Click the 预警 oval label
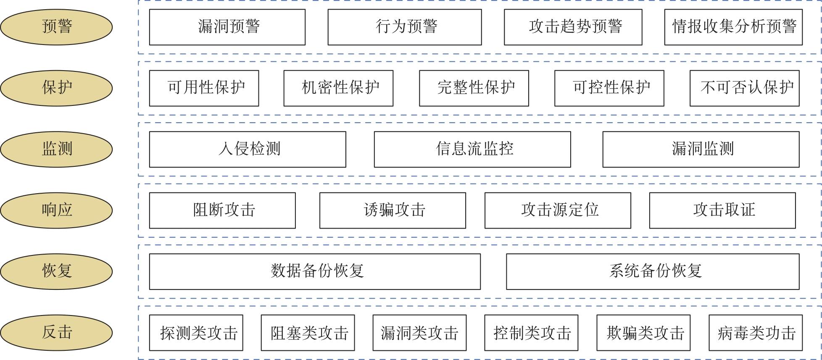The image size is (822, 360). tap(56, 27)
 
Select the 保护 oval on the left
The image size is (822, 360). tap(56, 88)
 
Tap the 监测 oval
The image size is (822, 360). tap(56, 149)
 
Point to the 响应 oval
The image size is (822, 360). tap(56, 210)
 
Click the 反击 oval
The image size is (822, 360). tap(56, 332)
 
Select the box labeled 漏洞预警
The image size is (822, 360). tap(227, 27)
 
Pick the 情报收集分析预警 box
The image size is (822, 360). tap(733, 27)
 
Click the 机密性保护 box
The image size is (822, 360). tap(338, 88)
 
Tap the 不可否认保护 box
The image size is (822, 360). tap(744, 88)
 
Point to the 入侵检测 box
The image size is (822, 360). tap(248, 149)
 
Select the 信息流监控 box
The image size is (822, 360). tap(472, 149)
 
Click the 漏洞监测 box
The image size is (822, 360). tap(701, 149)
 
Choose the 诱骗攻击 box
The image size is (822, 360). tap(393, 210)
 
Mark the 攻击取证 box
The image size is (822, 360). tap(722, 210)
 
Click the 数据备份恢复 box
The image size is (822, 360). tap(315, 271)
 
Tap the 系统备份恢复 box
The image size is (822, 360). tap(653, 271)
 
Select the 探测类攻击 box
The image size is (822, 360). tap(196, 332)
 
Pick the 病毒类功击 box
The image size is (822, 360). tap(755, 332)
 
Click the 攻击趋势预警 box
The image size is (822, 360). tap(573, 27)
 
